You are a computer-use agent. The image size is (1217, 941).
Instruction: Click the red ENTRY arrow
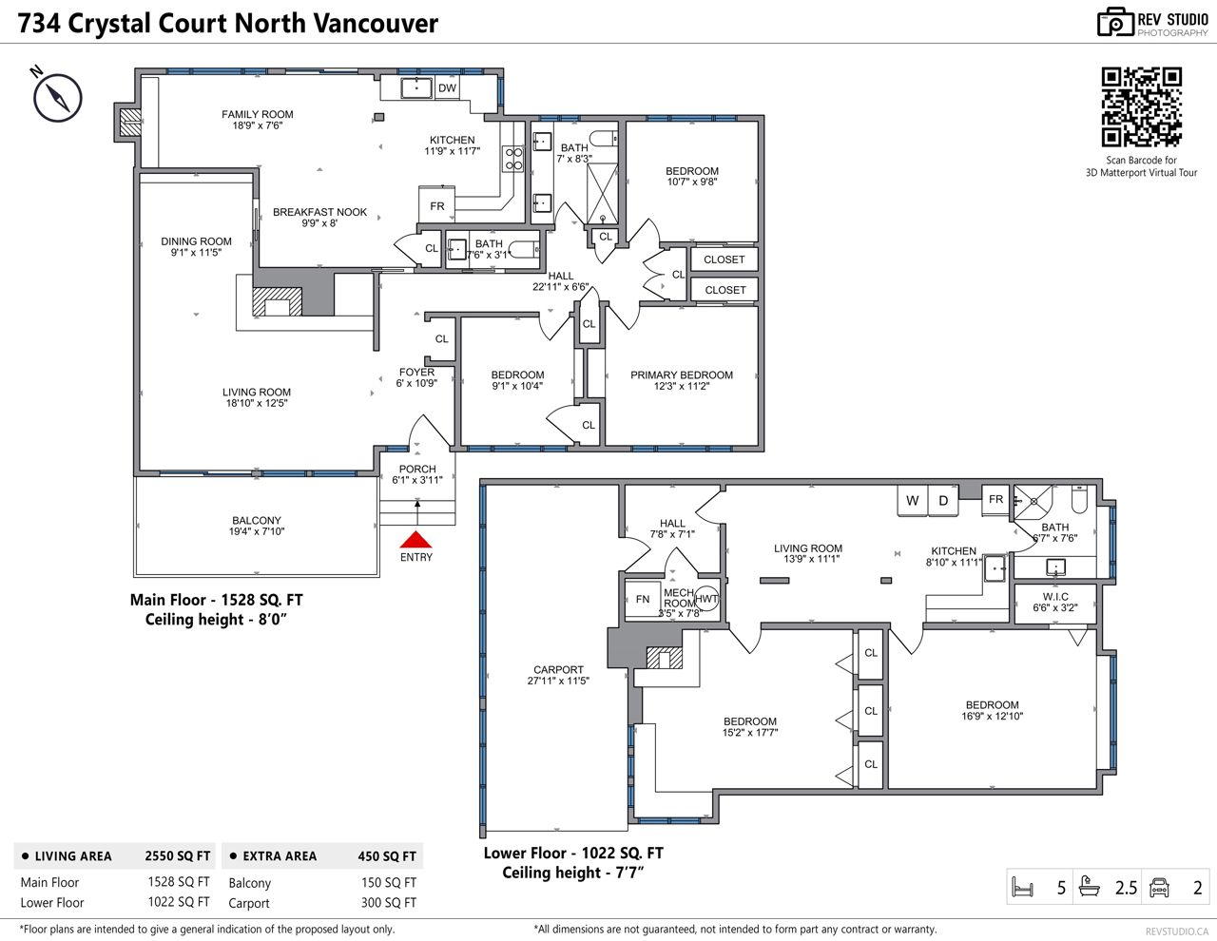pos(415,539)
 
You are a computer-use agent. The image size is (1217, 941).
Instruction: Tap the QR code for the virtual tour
pos(1141,106)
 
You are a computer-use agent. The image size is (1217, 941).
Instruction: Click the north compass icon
pos(57,96)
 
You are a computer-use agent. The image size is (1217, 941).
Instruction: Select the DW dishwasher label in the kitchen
pos(447,87)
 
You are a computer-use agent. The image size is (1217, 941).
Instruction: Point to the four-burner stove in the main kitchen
pos(513,159)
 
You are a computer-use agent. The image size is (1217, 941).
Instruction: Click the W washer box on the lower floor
pos(913,501)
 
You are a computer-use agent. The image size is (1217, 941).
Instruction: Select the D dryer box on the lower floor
pos(943,501)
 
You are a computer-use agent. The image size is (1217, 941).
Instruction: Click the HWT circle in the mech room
pos(706,599)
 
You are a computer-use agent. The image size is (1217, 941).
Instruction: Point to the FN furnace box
pos(643,600)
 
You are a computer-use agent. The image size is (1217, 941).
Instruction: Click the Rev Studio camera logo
pos(1114,23)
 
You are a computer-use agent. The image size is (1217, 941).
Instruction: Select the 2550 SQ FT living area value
pos(178,855)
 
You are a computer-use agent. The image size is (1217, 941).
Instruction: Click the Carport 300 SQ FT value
pos(389,902)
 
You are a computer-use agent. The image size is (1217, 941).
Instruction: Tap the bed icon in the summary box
pos(1022,887)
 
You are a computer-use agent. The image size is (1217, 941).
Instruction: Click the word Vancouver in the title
pos(376,24)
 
